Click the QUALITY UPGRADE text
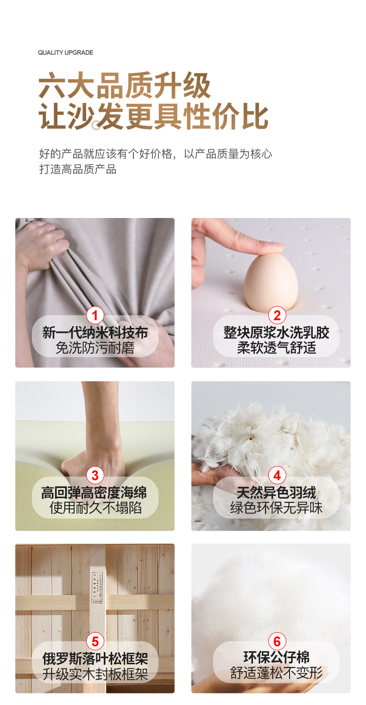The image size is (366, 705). point(65,52)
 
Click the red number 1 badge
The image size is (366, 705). point(95,315)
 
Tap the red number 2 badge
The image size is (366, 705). point(277,315)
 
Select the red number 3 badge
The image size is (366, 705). point(95,475)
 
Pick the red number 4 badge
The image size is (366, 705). point(277,475)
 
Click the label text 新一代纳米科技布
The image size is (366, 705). point(95,333)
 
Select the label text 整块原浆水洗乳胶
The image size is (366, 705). point(277,333)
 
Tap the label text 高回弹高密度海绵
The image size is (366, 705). point(95,493)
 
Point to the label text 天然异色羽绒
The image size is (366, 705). point(277,493)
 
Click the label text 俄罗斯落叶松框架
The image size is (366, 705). point(95,659)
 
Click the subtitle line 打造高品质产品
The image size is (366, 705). point(78,169)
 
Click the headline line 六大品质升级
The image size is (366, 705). point(124,85)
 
